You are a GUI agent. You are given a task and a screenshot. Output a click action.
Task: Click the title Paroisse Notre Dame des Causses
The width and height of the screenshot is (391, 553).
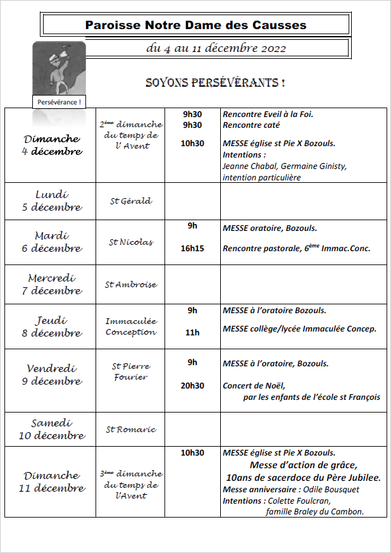click(x=195, y=25)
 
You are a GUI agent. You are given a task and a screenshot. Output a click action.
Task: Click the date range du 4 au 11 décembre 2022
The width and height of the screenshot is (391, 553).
click(x=216, y=48)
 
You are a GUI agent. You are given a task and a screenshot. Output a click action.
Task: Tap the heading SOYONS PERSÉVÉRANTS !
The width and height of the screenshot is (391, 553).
click(x=214, y=83)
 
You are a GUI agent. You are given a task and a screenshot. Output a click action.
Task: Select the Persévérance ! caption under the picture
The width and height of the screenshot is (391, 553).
click(x=59, y=102)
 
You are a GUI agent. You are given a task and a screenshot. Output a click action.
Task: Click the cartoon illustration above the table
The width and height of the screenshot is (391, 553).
click(x=59, y=68)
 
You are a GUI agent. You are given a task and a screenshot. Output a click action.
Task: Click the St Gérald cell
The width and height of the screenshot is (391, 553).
click(x=130, y=201)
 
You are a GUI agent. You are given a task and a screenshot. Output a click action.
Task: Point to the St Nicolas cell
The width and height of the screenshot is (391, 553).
click(x=130, y=242)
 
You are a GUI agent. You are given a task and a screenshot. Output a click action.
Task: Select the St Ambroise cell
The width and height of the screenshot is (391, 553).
click(x=130, y=285)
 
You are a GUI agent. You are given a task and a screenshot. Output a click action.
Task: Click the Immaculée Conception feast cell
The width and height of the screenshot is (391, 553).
click(x=130, y=326)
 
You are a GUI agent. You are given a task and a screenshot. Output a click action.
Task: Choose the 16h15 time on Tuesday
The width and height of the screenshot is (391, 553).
click(x=192, y=249)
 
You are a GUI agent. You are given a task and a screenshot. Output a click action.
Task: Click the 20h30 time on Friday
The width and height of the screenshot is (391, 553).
click(x=192, y=386)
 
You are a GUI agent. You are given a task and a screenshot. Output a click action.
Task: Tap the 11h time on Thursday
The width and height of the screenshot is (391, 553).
click(x=192, y=332)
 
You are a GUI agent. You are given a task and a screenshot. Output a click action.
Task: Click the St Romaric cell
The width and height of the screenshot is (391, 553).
click(x=130, y=430)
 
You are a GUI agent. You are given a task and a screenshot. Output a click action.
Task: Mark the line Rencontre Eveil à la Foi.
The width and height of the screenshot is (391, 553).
click(x=268, y=115)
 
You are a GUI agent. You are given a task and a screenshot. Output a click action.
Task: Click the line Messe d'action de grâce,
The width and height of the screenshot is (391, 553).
click(x=303, y=465)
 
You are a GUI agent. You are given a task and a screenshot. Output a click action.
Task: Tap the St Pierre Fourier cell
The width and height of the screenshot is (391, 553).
click(x=130, y=371)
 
